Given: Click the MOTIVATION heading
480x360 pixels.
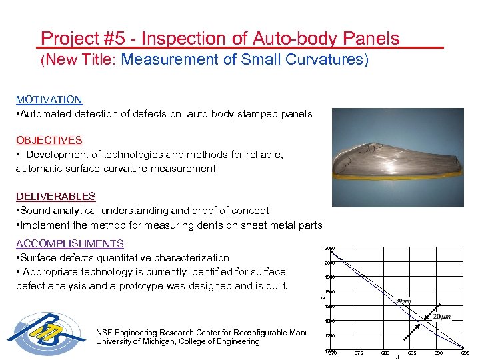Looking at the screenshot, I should click(49, 100).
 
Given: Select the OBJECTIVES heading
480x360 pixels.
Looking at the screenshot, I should click(49, 141).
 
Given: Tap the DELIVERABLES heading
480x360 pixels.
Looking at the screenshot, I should click(55, 197).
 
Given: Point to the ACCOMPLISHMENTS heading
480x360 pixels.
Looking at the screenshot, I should click(69, 244).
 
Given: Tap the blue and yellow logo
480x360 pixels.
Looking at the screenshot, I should click(48, 336).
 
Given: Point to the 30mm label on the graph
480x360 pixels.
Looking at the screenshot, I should click(403, 301).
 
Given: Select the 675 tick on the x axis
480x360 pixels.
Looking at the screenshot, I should click(359, 353).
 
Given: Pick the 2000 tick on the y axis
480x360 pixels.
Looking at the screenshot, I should click(329, 263).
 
